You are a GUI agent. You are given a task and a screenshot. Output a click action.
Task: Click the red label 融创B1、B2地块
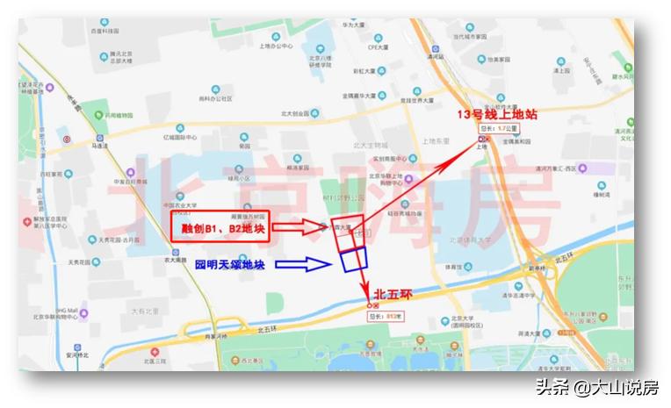tap(215, 227)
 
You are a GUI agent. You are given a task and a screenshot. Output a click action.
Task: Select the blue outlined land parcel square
tap(354, 258)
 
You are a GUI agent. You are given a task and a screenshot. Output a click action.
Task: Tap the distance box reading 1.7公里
tap(499, 128)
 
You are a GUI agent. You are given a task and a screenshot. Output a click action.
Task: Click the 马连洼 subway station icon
tap(99, 138)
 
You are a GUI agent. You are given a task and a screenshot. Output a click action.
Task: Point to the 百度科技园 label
tap(104, 31)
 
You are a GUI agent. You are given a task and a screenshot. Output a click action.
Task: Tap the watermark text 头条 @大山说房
tap(596, 387)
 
